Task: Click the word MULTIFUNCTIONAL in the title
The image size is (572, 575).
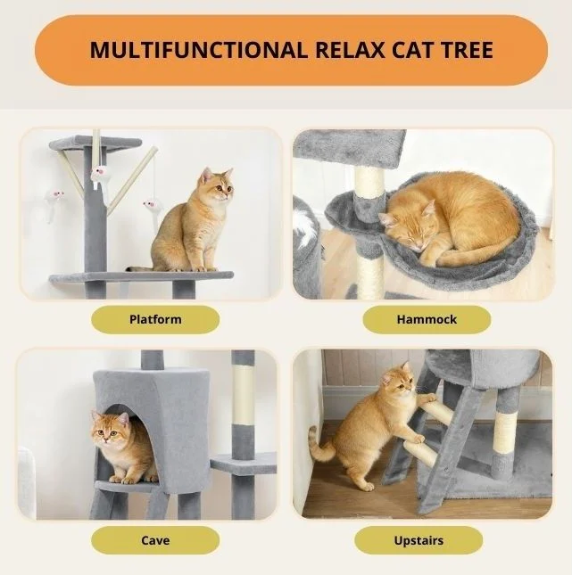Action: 198,50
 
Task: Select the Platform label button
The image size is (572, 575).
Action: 155,319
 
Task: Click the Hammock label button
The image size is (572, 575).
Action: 427,319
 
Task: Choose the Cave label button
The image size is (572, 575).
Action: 155,540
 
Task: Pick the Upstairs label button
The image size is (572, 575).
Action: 419,540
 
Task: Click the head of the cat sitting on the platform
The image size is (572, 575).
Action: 217,185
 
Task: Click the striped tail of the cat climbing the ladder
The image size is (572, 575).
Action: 319,445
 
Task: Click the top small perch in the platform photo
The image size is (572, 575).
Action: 95,143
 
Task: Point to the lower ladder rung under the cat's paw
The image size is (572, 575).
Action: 421,455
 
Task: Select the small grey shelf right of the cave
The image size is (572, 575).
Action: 244,463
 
